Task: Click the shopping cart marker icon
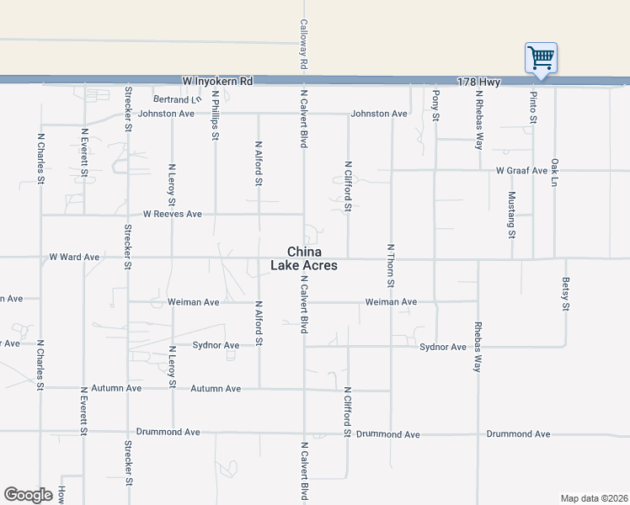pos(541,58)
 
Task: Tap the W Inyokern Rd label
pos(217,81)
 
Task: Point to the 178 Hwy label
pos(478,82)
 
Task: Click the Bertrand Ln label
pos(177,99)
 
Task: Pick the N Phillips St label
pos(216,114)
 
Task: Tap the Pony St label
pos(436,105)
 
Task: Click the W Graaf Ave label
pos(521,170)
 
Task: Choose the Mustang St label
pos(512,214)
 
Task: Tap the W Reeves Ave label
pos(172,214)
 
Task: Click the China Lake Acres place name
pos(304,258)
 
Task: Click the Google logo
pos(29,495)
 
